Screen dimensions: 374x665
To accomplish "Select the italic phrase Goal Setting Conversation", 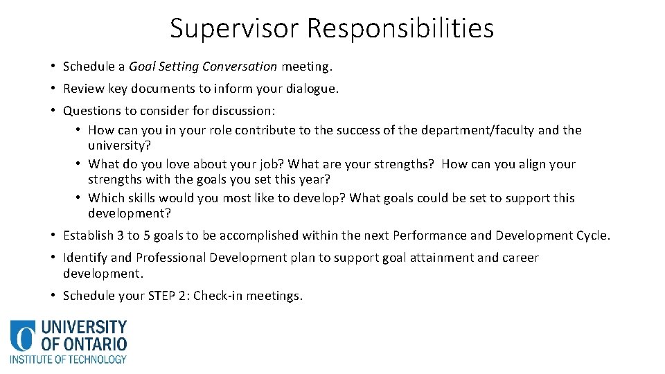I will click(203, 67).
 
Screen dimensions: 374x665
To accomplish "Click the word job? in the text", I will click(270, 164).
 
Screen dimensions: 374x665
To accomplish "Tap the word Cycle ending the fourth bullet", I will click(592, 235).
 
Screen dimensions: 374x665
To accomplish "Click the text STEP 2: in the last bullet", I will click(164, 296).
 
